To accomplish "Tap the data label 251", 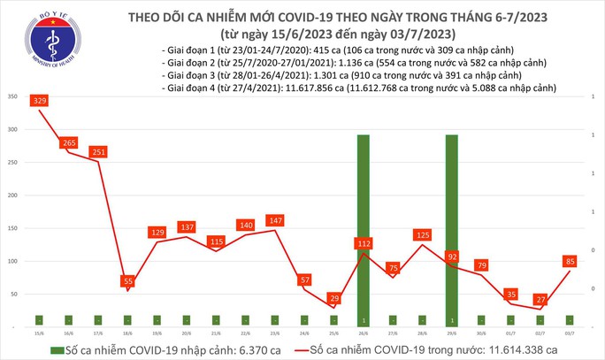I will tap(97, 152).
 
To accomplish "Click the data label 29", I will tap(333, 298).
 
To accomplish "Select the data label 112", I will tap(363, 242).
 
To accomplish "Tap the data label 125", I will tap(422, 234).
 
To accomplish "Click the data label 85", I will tap(571, 261).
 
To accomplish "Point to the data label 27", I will tap(540, 300).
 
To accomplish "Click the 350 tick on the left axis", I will tap(11, 96).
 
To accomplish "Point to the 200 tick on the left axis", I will tap(11, 195).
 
